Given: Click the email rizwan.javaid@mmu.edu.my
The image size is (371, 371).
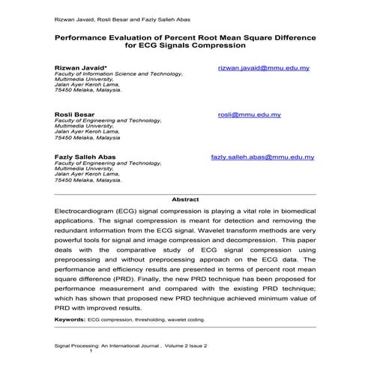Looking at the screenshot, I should [x=263, y=68].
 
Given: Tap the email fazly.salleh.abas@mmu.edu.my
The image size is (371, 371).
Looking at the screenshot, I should [x=262, y=157].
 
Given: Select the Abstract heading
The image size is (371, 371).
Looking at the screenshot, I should [x=185, y=199].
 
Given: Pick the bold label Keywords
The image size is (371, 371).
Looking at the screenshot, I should [x=70, y=319].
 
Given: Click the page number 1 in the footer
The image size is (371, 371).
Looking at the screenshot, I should [x=91, y=352].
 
